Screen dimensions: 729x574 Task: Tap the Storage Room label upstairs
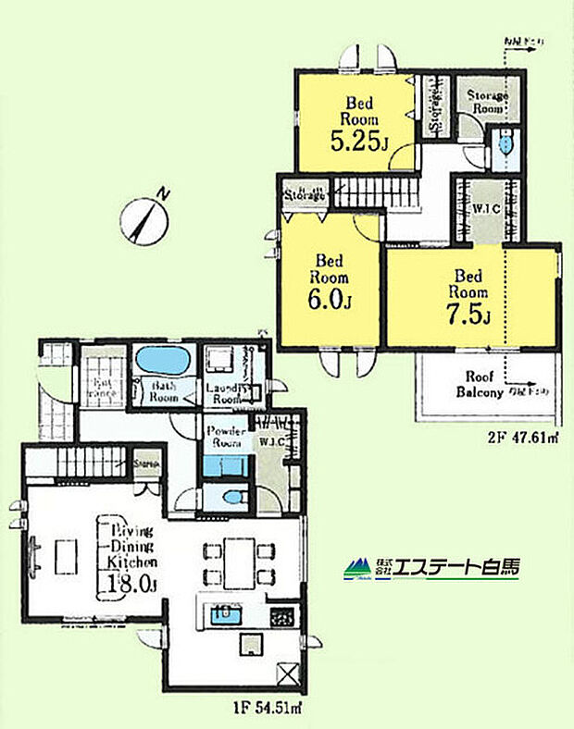[485, 102]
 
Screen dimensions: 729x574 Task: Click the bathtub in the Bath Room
[163, 358]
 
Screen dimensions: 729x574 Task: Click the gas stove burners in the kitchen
[281, 614]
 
